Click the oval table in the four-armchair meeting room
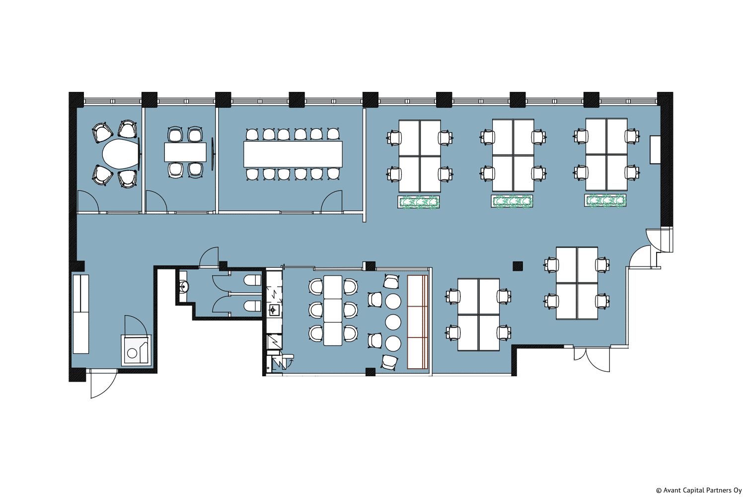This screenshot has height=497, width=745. click(120, 154)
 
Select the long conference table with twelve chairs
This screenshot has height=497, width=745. click(293, 154)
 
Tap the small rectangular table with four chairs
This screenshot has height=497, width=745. click(185, 152)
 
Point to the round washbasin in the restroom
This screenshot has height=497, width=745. click(183, 286)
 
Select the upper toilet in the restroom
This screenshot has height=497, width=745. click(253, 280)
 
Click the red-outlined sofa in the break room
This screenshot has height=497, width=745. click(418, 322)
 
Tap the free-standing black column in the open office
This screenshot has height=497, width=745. click(518, 266)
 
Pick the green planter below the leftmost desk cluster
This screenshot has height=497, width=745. click(419, 202)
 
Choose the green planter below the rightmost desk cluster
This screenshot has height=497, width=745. click(605, 200)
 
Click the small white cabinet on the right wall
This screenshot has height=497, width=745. click(655, 150)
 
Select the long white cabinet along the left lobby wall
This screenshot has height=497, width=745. click(81, 314)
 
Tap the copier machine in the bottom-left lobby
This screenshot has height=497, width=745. click(136, 350)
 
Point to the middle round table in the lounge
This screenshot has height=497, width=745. click(393, 322)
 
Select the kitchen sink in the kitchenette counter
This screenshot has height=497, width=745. click(273, 310)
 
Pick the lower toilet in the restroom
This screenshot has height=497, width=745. click(253, 306)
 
